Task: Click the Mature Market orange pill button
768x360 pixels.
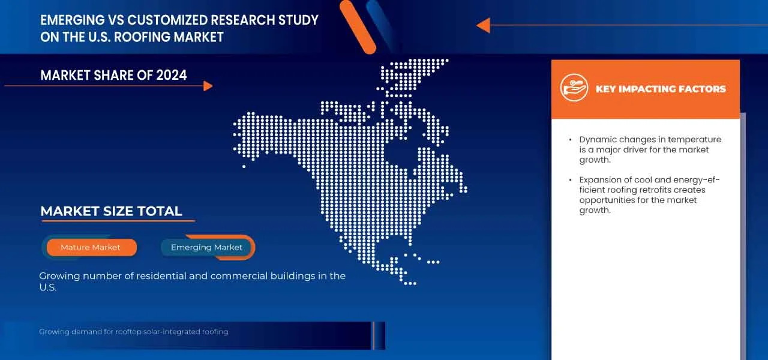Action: point(92,247)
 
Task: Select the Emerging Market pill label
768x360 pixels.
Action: point(206,247)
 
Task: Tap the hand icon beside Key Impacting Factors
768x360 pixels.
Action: point(574,88)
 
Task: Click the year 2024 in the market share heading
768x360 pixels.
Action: point(172,75)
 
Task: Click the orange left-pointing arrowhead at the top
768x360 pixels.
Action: point(484,25)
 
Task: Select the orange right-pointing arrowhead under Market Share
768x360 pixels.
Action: point(208,86)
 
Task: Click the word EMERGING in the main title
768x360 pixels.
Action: point(73,20)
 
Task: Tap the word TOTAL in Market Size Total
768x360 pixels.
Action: point(160,211)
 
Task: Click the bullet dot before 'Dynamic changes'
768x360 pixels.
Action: point(570,140)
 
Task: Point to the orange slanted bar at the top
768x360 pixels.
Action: point(358,27)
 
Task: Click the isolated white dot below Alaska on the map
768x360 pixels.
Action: point(244,167)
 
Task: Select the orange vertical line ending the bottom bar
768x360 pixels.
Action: point(373,335)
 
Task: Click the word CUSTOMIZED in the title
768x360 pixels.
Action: point(167,20)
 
